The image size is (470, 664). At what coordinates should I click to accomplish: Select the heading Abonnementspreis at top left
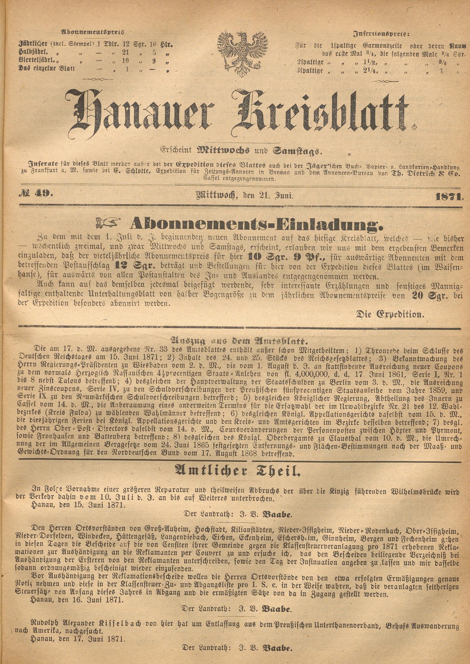[92, 32]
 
